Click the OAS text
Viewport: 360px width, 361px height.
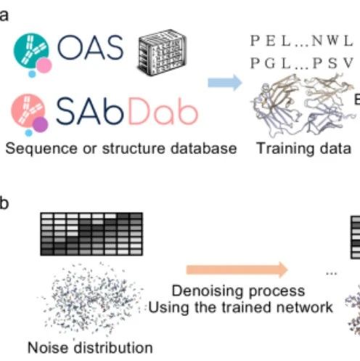tap(90, 47)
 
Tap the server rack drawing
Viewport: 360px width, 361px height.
tap(163, 52)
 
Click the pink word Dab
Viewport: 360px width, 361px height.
tap(163, 110)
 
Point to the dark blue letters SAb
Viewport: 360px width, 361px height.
tap(90, 110)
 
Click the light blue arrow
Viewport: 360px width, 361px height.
tap(225, 83)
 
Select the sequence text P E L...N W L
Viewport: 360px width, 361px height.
tap(302, 41)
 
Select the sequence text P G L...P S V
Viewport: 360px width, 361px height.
tap(302, 63)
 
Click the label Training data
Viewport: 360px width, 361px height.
tap(303, 148)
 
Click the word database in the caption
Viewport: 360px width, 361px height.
tap(203, 148)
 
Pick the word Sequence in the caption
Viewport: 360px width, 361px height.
tap(41, 149)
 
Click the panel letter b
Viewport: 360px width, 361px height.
tap(4, 203)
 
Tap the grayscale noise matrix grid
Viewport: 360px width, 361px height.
tap(91, 234)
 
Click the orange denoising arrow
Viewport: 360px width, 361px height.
tap(237, 269)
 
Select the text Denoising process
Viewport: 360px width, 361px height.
tap(238, 291)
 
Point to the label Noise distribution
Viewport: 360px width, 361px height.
tap(90, 348)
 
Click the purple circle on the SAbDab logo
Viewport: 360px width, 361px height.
tap(41, 125)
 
